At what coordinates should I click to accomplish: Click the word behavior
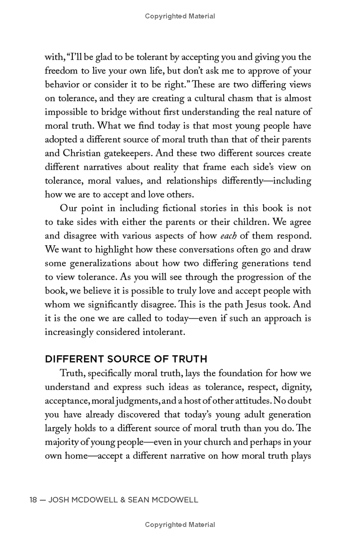pos(61,85)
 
